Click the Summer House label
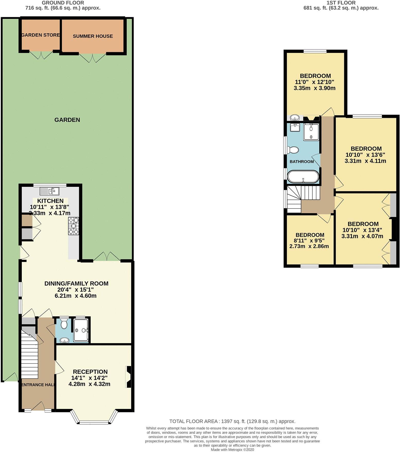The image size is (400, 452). pos(93,36)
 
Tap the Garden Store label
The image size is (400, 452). pos(41,35)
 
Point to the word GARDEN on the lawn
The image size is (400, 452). pos(67,120)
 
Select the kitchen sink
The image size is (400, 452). pos(50,191)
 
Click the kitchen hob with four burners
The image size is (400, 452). pos(74,226)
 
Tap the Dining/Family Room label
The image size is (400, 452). pos(76,284)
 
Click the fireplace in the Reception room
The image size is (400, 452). pos(128,377)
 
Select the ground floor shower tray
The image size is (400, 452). pos(81,330)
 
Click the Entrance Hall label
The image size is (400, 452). pos(38,385)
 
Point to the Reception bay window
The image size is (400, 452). pos(94,417)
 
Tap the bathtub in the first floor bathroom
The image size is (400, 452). pos(303,177)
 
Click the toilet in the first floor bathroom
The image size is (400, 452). pos(293,150)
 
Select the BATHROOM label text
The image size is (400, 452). pos(302,162)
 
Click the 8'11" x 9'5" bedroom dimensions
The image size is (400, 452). pos(309,241)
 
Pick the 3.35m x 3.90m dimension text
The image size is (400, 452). pos(315,88)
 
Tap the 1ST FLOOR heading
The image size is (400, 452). pos(341,3)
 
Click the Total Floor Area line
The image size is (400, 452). pos(232,421)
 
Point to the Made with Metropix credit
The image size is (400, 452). pos(232,450)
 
